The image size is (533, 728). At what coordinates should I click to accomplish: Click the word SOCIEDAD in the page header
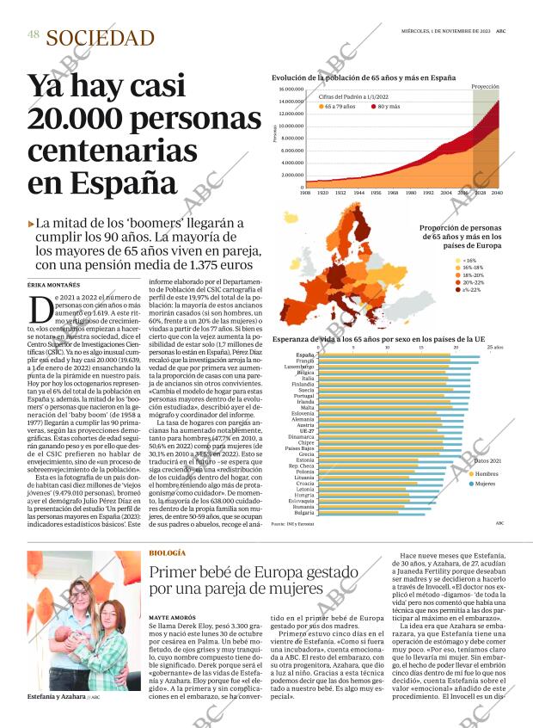tap(100, 38)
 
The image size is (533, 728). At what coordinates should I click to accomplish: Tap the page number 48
tap(33, 34)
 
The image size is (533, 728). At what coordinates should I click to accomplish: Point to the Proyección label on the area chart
tap(485, 87)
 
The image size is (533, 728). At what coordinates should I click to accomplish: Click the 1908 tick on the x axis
tap(304, 193)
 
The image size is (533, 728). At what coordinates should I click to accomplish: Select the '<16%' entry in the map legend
tap(469, 261)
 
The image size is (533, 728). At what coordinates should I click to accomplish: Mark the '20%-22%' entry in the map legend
tap(472, 282)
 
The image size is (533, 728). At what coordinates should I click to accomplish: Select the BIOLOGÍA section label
tap(167, 552)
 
